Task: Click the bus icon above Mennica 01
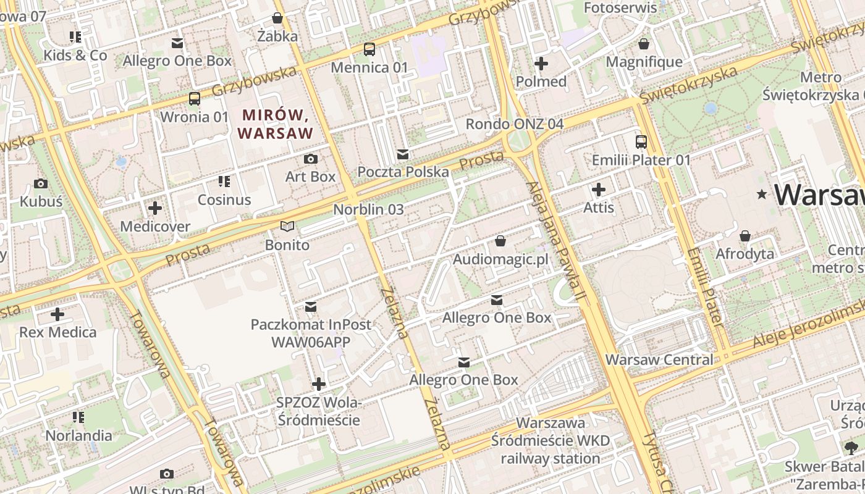tap(369, 49)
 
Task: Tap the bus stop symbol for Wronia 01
tap(194, 99)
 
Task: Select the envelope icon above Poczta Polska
tap(403, 154)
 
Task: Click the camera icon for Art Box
tap(311, 159)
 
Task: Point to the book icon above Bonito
tap(287, 227)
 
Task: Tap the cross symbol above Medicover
tap(155, 208)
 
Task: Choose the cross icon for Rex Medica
tap(57, 314)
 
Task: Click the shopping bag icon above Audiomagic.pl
tap(500, 241)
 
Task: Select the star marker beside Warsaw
tap(762, 195)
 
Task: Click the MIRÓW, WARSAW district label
tap(276, 124)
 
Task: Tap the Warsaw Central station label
tap(659, 359)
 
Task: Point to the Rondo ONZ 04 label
tap(514, 124)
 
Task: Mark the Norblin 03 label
tap(368, 209)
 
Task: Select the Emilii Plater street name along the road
tap(704, 287)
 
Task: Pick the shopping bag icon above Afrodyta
tap(745, 236)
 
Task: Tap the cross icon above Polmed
tap(541, 64)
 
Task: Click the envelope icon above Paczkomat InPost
tap(311, 306)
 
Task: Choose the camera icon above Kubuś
tap(41, 184)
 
